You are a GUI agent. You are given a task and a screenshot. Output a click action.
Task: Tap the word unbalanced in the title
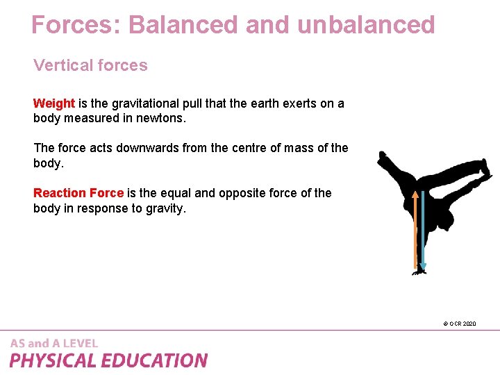pyautogui.click(x=366, y=25)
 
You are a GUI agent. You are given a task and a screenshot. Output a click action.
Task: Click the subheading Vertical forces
pyautogui.click(x=90, y=65)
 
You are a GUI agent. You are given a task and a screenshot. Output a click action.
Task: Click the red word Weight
pyautogui.click(x=54, y=103)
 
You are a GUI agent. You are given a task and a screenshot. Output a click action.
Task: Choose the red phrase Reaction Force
pyautogui.click(x=78, y=192)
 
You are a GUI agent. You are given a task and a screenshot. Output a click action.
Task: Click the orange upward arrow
pyautogui.click(x=416, y=229)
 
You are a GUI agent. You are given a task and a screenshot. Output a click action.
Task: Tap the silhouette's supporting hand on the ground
pyautogui.click(x=419, y=272)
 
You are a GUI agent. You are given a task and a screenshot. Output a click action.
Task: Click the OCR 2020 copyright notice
pyautogui.click(x=459, y=324)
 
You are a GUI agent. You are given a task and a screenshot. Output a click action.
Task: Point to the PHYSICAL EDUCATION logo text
pyautogui.click(x=108, y=360)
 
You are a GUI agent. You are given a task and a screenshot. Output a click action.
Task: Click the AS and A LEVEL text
pyautogui.click(x=54, y=343)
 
